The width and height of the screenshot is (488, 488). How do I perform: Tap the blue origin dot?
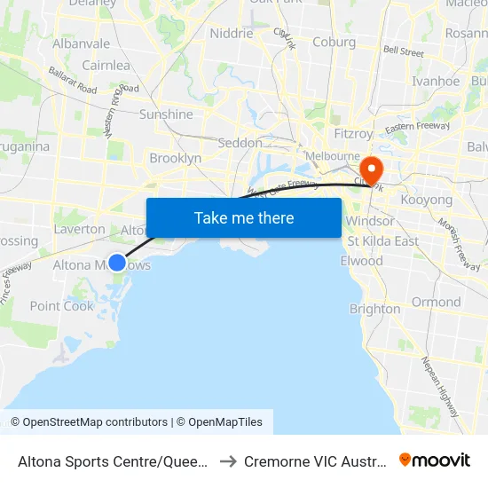pos(117,263)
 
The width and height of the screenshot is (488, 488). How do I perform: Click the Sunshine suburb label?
pos(166,114)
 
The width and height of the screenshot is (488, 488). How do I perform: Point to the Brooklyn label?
pos(176,158)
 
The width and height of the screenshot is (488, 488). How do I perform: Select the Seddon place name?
pos(240,142)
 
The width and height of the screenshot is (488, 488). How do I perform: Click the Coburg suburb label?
pos(334,42)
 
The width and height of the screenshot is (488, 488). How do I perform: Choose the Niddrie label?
pos(231,34)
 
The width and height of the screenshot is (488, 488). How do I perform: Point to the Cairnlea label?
pos(106,65)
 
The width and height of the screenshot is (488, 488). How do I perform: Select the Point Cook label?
pos(62,306)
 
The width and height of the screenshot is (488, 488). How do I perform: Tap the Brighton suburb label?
pos(374,309)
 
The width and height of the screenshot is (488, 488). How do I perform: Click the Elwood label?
pos(361,261)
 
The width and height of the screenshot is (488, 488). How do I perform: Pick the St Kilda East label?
pos(382,240)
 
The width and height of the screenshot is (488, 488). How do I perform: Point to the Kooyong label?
pos(427,200)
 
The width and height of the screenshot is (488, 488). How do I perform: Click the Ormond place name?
pos(436,302)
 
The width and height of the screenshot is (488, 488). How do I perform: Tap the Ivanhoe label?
pos(436,81)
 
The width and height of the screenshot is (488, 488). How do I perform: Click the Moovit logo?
pos(435,460)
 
